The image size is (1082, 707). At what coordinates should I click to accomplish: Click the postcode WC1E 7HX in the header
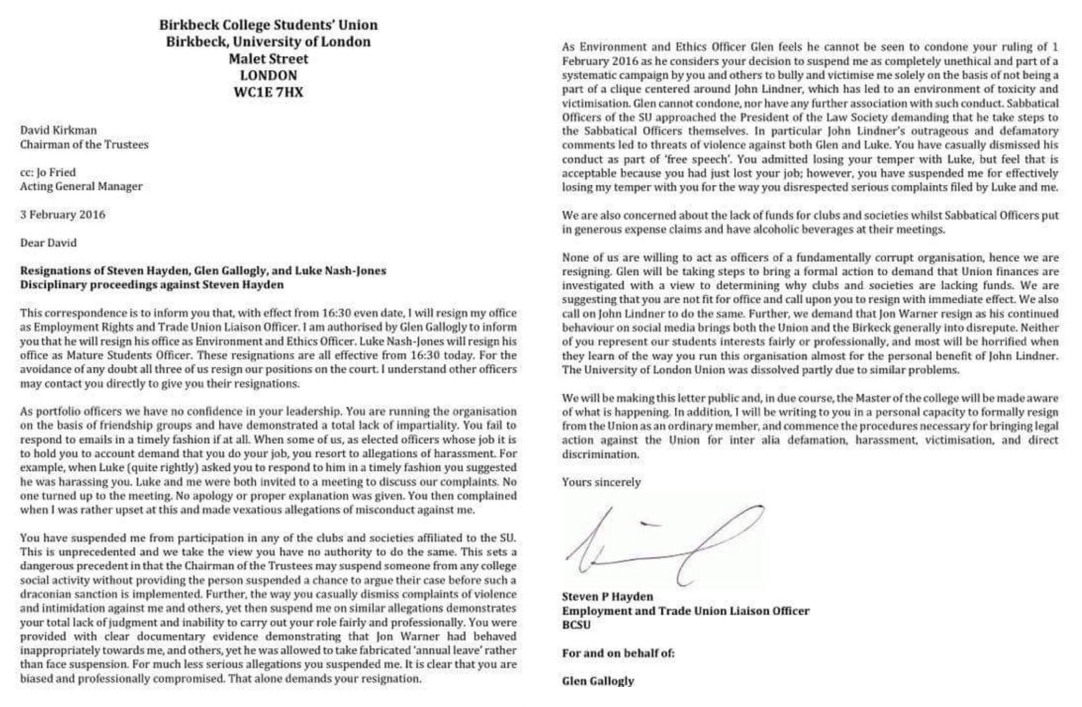268,93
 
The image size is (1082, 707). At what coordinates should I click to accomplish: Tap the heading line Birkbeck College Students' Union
268,25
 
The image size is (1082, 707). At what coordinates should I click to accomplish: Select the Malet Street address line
268,59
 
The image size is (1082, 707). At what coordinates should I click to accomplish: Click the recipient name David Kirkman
58,130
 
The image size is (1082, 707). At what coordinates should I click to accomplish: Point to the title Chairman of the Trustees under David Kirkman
84,144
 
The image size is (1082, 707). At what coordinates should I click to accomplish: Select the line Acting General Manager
81,186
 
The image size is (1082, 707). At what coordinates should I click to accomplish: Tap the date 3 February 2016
62,214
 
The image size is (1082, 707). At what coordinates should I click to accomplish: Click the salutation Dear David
48,243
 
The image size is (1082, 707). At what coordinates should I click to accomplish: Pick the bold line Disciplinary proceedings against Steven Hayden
151,284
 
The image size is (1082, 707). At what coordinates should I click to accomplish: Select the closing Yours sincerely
601,482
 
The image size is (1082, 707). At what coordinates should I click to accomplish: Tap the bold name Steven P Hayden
607,597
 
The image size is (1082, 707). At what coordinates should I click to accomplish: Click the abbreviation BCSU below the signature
576,625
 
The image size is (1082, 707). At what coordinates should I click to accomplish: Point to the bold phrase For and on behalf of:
618,653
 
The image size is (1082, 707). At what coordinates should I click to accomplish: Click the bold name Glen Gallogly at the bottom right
598,681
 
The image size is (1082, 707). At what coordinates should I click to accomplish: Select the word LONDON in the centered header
268,76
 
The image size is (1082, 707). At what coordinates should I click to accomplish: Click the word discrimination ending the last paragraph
600,454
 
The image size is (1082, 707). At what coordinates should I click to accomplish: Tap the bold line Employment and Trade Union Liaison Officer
685,611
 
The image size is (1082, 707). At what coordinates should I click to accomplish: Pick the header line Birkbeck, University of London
268,42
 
